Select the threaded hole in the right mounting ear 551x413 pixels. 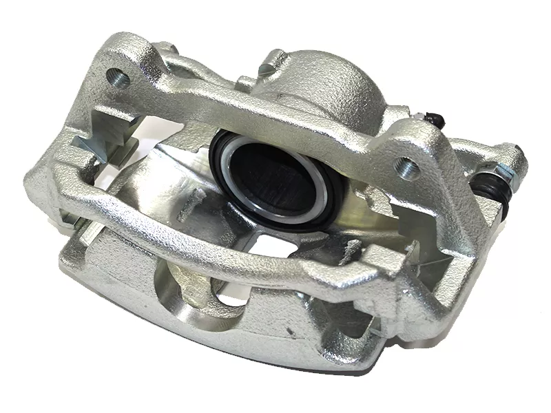click(408, 165)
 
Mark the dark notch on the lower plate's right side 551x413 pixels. click(351, 324)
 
